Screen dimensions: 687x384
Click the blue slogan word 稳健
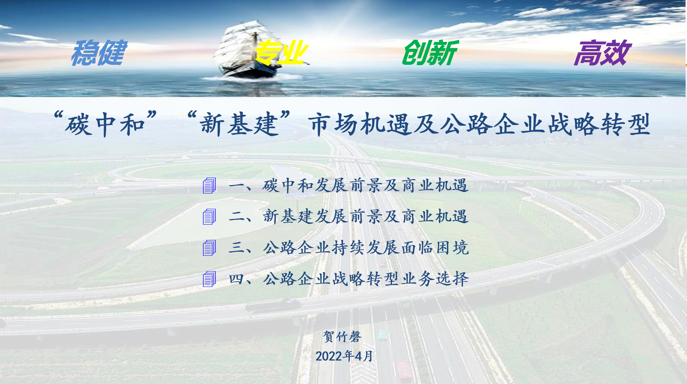99,53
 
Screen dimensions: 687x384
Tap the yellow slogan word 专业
281,53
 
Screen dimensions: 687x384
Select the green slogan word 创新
430,53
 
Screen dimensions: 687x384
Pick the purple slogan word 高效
603,53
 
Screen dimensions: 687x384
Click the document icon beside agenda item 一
209,186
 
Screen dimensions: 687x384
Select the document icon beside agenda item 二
209,217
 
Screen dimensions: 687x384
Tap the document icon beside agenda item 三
209,248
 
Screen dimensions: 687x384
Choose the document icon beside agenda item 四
209,279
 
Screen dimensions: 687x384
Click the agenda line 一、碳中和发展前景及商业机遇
349,186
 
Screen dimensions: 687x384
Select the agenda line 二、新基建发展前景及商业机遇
349,217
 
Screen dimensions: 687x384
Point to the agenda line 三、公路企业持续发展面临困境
349,248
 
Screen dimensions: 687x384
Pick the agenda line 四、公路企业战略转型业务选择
349,279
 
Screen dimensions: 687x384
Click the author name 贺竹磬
342,337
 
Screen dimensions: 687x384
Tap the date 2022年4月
344,356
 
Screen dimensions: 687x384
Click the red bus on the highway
404,371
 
